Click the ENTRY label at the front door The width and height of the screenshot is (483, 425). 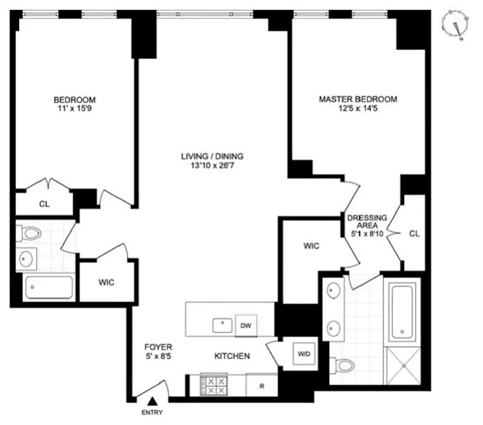(x=152, y=413)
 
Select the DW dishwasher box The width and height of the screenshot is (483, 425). (x=246, y=325)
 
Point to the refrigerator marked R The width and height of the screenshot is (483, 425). (x=262, y=386)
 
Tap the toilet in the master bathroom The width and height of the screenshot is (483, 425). (x=343, y=365)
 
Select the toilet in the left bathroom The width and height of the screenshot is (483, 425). (x=31, y=233)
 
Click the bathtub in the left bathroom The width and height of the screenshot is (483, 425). (x=48, y=287)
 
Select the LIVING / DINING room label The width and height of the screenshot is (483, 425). (x=212, y=156)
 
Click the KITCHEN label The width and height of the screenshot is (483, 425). (x=232, y=356)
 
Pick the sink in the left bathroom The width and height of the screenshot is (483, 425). (x=25, y=259)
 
